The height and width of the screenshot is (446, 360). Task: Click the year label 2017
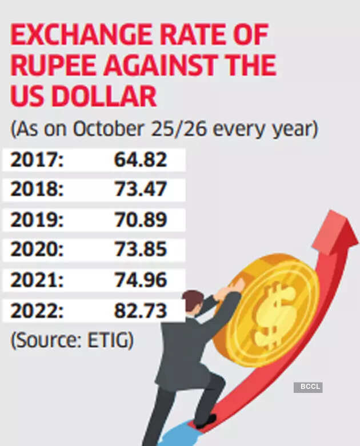click(x=35, y=160)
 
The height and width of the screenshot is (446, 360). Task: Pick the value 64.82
click(x=141, y=160)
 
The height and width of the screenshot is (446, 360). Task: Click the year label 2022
click(x=35, y=311)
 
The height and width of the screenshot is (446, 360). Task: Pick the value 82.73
click(x=141, y=311)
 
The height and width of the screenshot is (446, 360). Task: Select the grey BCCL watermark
click(x=308, y=387)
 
